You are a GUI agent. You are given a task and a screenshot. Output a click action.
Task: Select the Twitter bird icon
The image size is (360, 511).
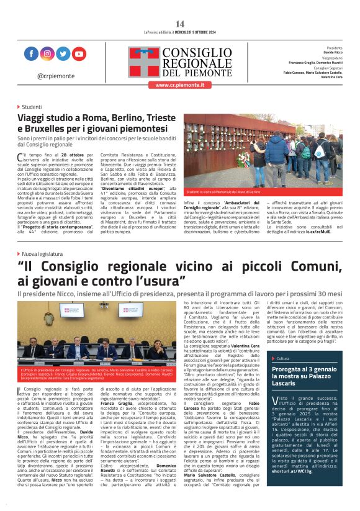point(63,54)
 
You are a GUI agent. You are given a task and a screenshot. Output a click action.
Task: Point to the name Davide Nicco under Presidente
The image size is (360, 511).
point(331,52)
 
